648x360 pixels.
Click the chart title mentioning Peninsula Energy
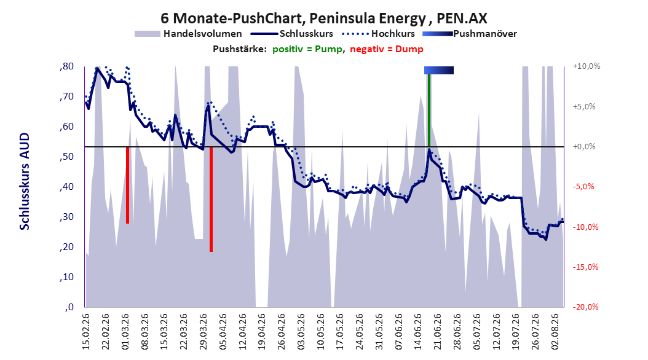click(x=323, y=18)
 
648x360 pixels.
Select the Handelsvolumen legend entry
click(x=189, y=34)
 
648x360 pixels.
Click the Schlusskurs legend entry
click(x=292, y=34)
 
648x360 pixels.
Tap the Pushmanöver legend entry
click(x=470, y=34)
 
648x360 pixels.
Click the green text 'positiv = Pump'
click(x=307, y=49)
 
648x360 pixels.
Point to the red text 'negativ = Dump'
click(x=387, y=49)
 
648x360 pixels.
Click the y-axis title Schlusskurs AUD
click(x=25, y=181)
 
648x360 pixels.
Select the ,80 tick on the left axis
click(x=66, y=66)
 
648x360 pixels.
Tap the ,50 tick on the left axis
click(x=66, y=157)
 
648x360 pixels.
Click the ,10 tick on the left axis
click(x=66, y=276)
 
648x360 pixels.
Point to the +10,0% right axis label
click(x=587, y=66)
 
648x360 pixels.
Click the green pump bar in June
click(x=429, y=110)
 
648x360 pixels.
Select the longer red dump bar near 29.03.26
click(x=211, y=199)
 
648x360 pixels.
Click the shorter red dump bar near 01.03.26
click(x=127, y=185)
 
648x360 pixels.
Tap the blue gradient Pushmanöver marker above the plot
click(x=439, y=70)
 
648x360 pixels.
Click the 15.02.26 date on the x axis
click(x=86, y=332)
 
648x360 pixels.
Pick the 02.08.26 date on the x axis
click(x=555, y=332)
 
